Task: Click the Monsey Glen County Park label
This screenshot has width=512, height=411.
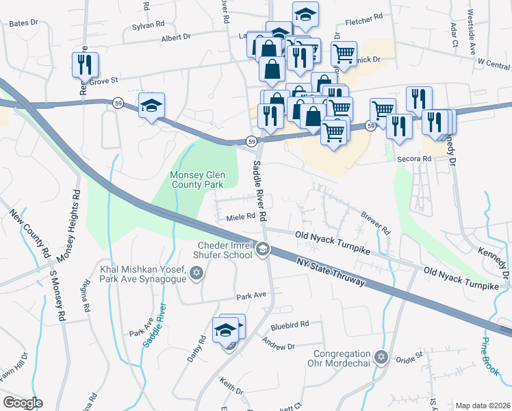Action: coord(196,179)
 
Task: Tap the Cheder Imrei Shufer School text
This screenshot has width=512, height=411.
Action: coord(225,250)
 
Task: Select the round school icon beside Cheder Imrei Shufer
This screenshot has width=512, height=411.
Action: coord(263,250)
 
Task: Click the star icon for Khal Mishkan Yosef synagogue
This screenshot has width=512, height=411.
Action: coord(196,274)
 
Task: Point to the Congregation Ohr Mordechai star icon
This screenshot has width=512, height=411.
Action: coord(382,358)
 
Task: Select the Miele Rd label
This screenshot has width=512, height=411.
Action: coord(240,218)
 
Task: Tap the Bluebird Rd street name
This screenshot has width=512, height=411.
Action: coord(290,323)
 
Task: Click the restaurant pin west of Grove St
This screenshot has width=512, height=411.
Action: coord(85,65)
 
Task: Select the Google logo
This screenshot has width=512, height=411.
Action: coord(23,403)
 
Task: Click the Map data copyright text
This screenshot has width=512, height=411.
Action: coord(483,406)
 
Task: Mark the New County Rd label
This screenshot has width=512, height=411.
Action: coord(30,233)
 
